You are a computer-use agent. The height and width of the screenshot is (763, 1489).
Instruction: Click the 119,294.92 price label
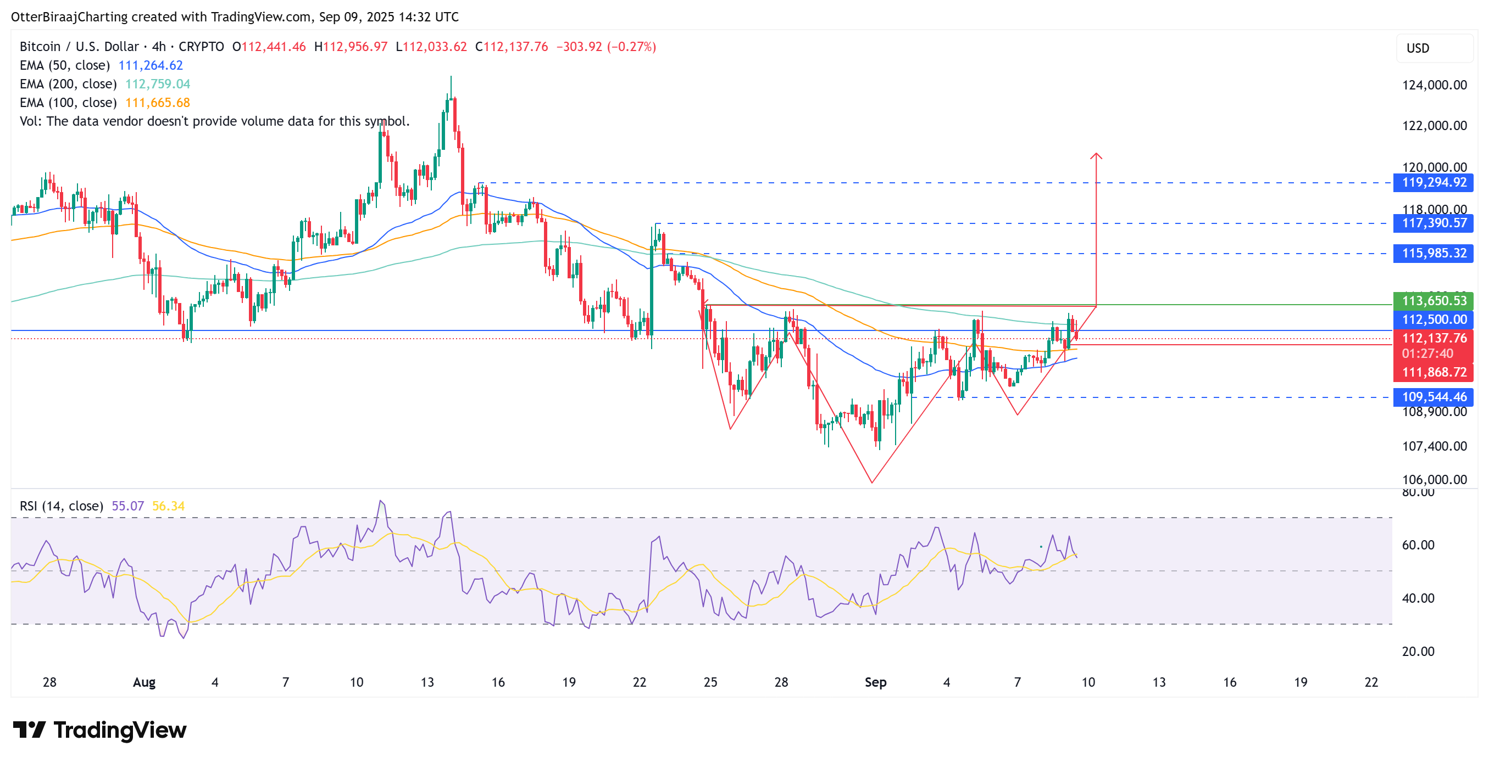[x=1434, y=183]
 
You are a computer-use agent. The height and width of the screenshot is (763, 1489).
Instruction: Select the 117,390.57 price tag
[x=1434, y=223]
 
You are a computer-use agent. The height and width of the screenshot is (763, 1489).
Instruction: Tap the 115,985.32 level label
[x=1434, y=254]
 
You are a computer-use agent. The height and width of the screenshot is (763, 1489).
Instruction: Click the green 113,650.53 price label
[x=1434, y=301]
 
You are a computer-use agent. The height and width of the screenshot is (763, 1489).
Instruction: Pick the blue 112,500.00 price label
[x=1434, y=320]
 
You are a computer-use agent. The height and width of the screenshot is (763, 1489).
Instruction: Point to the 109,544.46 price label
[x=1434, y=397]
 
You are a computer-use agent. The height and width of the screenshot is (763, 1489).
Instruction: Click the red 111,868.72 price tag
[x=1434, y=373]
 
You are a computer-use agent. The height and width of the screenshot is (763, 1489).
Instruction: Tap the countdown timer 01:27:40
[x=1426, y=354]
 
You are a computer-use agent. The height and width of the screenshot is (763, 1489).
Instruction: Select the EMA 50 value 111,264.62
[x=151, y=66]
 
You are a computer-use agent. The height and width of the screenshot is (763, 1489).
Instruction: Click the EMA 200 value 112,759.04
[x=157, y=85]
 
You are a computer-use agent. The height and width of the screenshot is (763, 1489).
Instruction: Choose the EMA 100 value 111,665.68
[x=157, y=103]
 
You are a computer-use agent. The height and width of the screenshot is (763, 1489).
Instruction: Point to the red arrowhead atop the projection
[x=1096, y=155]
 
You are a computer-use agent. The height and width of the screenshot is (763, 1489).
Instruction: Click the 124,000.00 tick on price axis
[x=1434, y=86]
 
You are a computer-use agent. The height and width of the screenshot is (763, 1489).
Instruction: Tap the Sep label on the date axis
[x=875, y=683]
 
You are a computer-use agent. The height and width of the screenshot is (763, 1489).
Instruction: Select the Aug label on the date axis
[x=144, y=683]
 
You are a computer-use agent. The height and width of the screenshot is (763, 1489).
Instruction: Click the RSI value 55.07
[x=127, y=507]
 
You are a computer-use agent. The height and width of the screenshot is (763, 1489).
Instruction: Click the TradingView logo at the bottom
[x=99, y=731]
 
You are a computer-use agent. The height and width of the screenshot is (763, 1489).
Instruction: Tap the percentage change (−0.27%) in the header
[x=631, y=47]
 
